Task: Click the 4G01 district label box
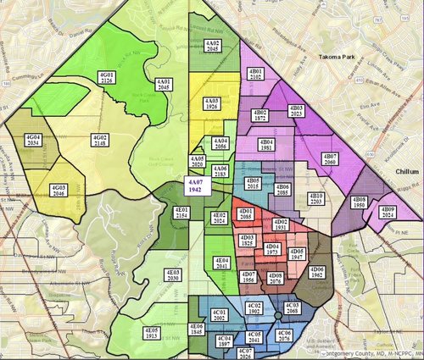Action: coord(108,78)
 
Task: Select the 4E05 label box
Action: coord(153,333)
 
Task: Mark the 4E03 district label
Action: coord(172,274)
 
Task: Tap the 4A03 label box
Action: coord(211,105)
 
